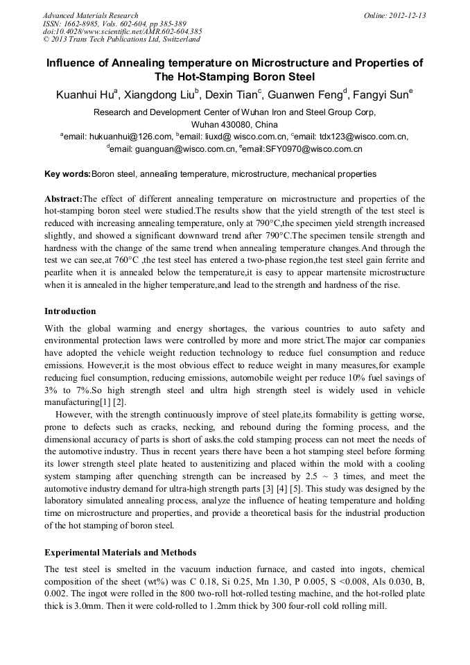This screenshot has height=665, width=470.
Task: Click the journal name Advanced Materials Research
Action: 90,15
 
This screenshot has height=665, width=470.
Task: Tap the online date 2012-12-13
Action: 407,15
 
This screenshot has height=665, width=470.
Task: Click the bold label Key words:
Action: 67,174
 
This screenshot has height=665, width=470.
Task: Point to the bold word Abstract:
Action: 63,199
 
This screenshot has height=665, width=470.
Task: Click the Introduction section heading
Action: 70,311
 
